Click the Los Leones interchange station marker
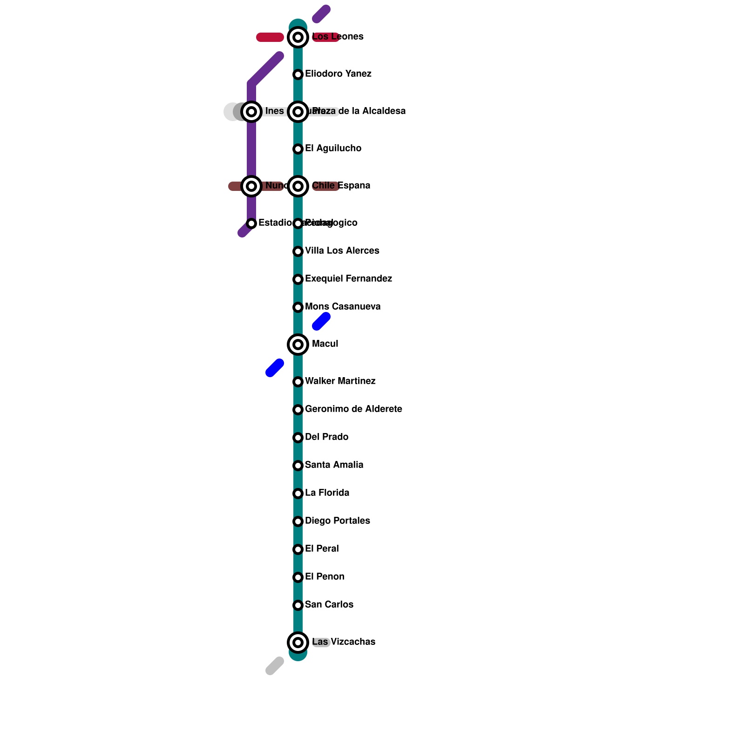coord(298,37)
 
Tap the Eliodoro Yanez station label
coord(338,74)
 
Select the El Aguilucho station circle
coord(298,149)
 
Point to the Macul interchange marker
coord(298,345)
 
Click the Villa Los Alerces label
coord(342,251)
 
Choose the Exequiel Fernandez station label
coord(348,279)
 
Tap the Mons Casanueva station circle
coord(298,307)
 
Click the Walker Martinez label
coord(340,381)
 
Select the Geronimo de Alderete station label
coord(353,409)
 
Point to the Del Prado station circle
coord(298,438)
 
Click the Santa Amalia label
coord(334,465)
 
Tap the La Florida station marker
coord(298,494)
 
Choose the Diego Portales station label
coord(337,521)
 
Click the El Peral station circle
coord(298,549)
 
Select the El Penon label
coord(325,577)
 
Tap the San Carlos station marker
coord(298,605)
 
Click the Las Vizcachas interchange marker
coord(298,643)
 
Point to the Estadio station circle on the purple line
coord(251,223)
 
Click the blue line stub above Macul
coord(321,321)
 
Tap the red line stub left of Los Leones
coord(270,37)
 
